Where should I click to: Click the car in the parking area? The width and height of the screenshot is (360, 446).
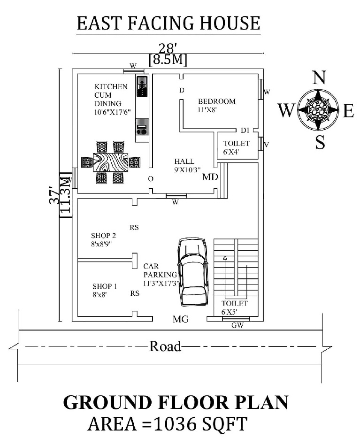[x=192, y=272]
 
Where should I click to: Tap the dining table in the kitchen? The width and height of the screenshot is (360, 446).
[x=111, y=162]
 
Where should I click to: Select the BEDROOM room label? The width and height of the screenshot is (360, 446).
[x=216, y=101]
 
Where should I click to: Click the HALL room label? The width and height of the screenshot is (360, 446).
[x=184, y=161]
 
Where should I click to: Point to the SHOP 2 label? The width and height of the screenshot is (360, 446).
[x=104, y=235]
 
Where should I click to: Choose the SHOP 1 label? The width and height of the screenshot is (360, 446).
[x=104, y=286]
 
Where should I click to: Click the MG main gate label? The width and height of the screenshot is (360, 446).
[x=180, y=320]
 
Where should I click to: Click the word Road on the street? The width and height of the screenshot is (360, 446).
[x=165, y=347]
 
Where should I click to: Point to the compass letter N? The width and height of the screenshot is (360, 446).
[x=319, y=77]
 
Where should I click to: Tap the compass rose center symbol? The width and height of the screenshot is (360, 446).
[x=319, y=110]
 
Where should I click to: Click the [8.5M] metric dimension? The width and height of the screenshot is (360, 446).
[x=167, y=60]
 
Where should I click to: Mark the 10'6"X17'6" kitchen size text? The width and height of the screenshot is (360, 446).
[x=112, y=112]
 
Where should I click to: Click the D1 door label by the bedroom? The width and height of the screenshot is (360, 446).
[x=244, y=130]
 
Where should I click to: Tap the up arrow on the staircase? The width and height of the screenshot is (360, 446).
[x=225, y=258]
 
